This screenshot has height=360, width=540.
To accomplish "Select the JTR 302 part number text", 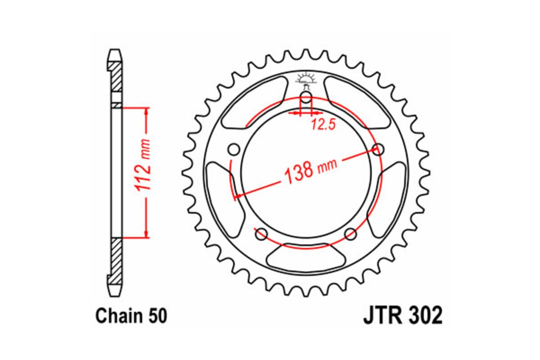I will coord(402,315).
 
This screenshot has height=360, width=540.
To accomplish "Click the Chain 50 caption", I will coord(131,316).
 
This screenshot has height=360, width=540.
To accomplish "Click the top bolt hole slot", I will coord(306,98).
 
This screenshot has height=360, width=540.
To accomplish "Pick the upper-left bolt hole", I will coord(234,149).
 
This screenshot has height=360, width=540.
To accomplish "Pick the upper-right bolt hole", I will coord(379,149).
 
